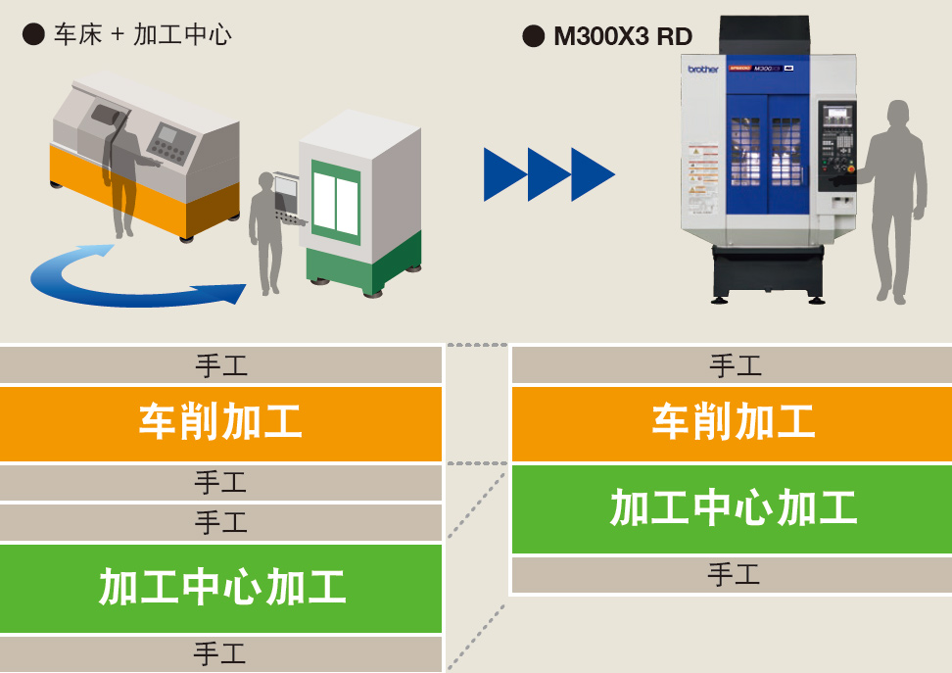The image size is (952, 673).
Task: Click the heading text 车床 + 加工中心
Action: tap(143, 35)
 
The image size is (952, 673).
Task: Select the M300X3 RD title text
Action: tap(623, 37)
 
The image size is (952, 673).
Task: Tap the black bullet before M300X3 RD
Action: tap(534, 36)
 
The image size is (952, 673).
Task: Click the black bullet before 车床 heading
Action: tap(33, 34)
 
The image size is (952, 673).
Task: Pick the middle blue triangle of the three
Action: tap(547, 174)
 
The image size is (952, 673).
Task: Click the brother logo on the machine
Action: tap(702, 69)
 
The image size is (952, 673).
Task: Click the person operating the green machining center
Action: tap(265, 230)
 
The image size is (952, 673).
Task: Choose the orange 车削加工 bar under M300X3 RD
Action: tap(732, 423)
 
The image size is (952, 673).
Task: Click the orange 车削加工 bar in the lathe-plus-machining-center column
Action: tap(220, 423)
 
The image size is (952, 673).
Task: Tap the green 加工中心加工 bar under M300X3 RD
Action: tap(732, 508)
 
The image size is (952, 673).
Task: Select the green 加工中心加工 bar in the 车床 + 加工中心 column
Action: tap(220, 588)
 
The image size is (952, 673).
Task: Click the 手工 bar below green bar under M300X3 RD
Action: tap(732, 575)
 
